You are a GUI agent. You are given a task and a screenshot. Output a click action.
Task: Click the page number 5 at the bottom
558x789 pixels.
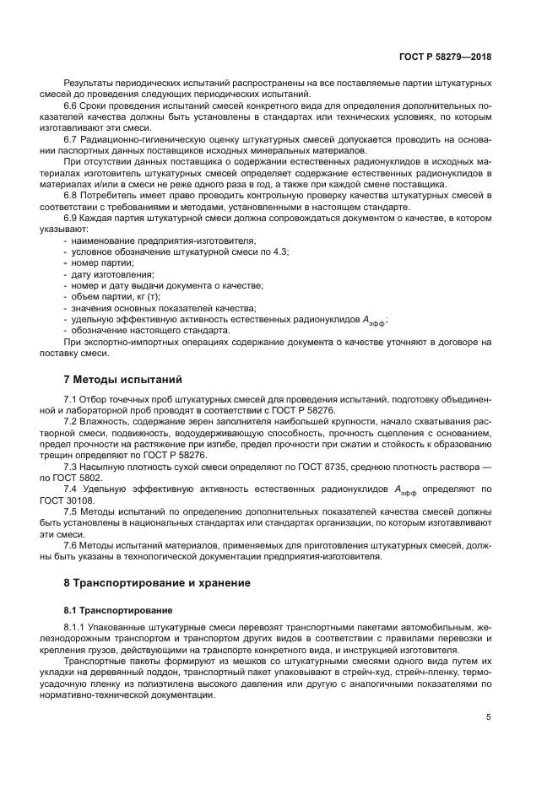tap(489, 717)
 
